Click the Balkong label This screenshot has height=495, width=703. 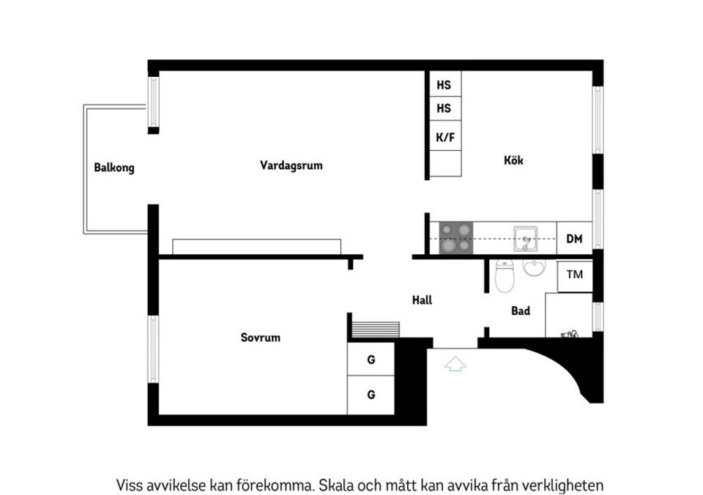tap(114, 168)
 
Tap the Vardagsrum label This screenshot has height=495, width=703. tap(291, 165)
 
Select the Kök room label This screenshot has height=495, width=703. tap(513, 160)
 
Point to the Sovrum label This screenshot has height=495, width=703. tap(260, 338)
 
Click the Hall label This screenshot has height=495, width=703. tap(422, 299)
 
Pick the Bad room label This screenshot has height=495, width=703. tap(520, 311)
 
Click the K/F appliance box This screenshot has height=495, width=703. tap(444, 137)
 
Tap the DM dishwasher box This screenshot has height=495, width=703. tap(574, 239)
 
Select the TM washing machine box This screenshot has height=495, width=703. tap(574, 275)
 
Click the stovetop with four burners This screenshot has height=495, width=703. tap(455, 238)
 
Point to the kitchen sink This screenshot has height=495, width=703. tap(526, 237)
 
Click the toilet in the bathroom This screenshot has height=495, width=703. tap(504, 276)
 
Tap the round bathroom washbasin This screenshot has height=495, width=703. tap(535, 269)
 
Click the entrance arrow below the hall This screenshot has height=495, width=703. tap(455, 363)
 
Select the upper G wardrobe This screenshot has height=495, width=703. tap(371, 360)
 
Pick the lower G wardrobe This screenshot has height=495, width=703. tap(371, 395)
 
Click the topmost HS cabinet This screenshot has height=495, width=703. tap(444, 85)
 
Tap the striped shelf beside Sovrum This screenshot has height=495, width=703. tap(375, 329)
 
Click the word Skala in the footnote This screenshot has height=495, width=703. tap(338, 485)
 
